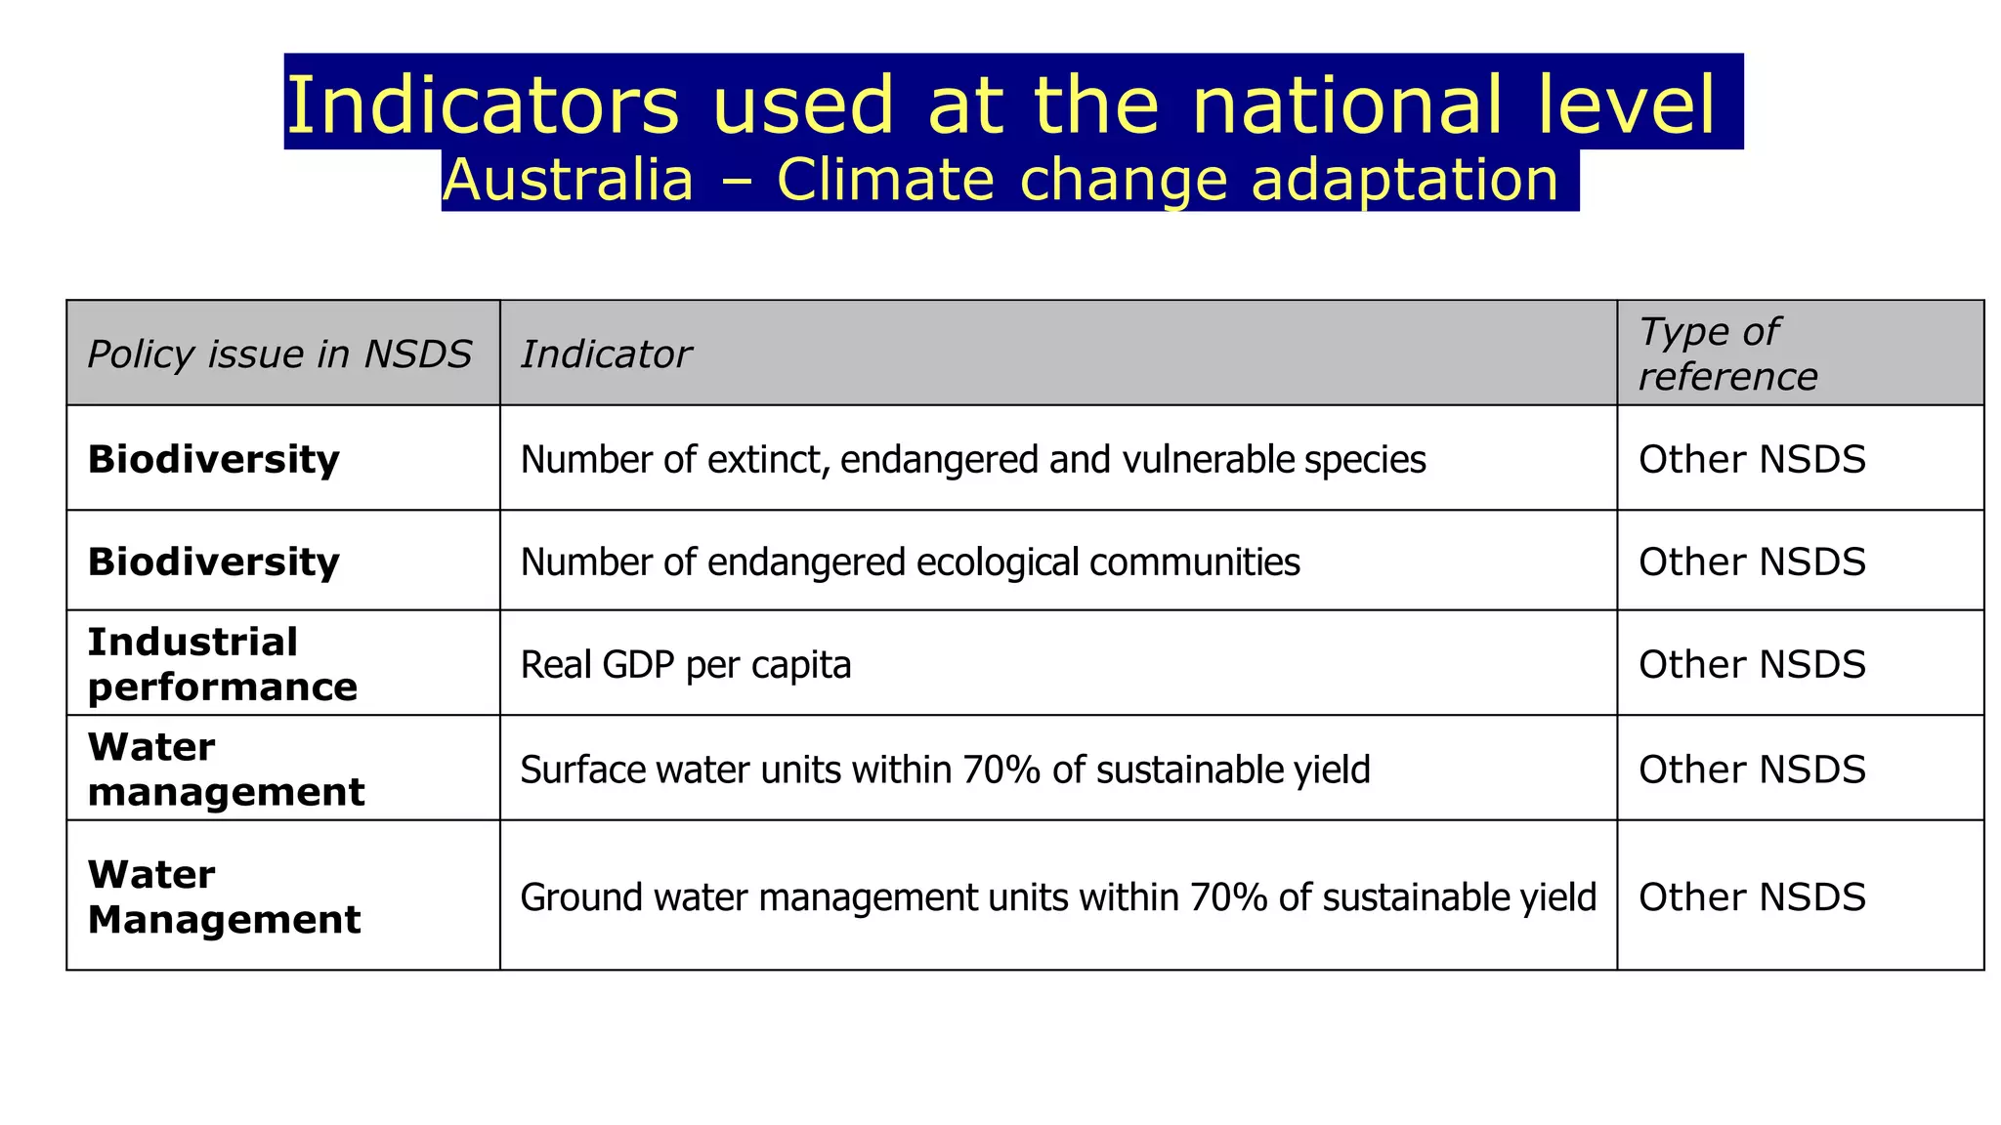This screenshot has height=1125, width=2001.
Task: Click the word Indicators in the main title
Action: (x=481, y=104)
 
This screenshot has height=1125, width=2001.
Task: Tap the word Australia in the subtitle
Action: (x=567, y=181)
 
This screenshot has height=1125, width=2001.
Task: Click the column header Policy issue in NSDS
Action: (x=279, y=354)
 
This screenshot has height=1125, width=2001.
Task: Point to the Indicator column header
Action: (x=606, y=354)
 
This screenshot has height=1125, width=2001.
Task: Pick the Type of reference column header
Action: (x=1727, y=354)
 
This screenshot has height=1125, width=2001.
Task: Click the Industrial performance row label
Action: (x=222, y=664)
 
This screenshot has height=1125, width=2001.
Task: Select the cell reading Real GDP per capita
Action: (x=686, y=665)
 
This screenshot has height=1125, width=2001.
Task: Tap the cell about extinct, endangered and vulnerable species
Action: (x=973, y=459)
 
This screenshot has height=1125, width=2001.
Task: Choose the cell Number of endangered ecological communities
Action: (x=910, y=562)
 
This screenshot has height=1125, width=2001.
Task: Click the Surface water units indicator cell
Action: (x=945, y=770)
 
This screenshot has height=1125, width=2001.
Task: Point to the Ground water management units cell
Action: (x=1058, y=897)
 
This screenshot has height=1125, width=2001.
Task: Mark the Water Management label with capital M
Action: (x=224, y=897)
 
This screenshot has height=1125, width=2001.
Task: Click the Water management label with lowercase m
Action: (x=226, y=770)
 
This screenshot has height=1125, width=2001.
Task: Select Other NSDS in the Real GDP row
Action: (x=1752, y=665)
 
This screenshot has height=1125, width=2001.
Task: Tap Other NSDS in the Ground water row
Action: (x=1752, y=897)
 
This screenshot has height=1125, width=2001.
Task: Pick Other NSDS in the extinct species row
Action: (x=1752, y=459)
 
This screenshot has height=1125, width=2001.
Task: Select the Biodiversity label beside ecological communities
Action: (x=214, y=562)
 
